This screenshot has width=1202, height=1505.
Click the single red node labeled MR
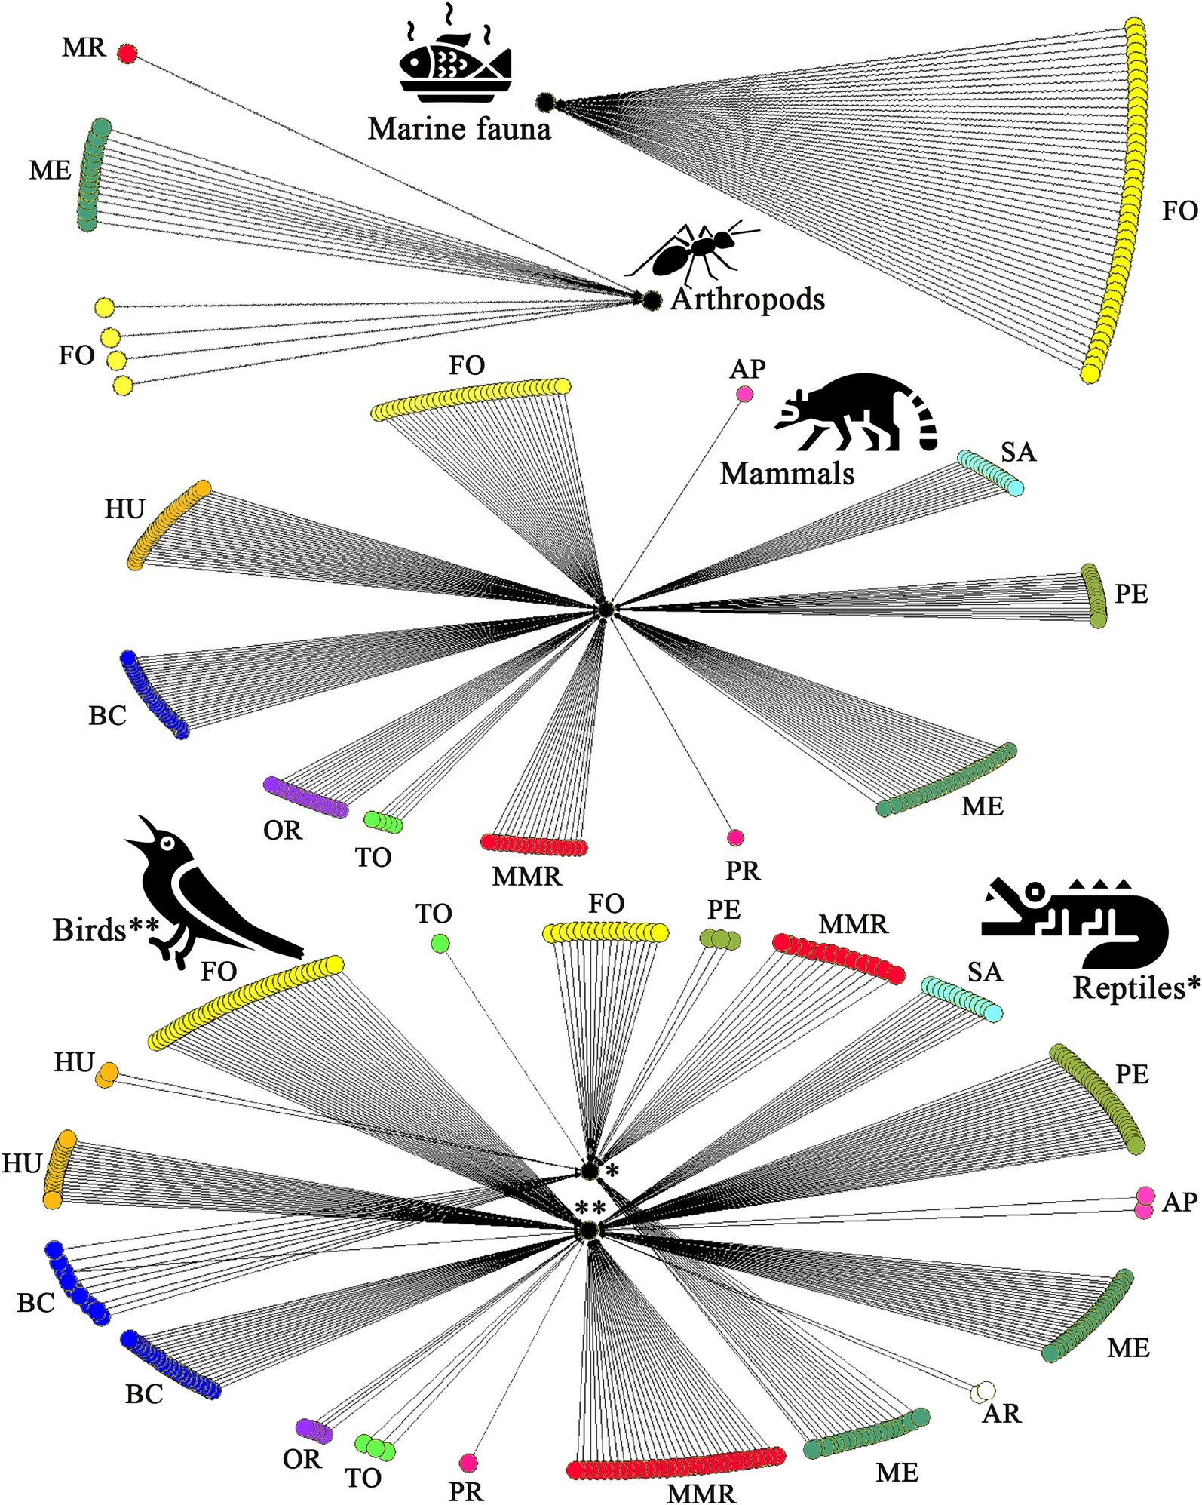(x=127, y=54)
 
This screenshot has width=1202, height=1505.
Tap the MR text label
(x=84, y=48)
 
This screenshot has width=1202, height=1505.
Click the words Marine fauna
(x=459, y=129)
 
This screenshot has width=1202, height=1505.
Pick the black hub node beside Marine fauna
(x=545, y=102)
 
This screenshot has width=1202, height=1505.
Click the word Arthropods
(x=747, y=299)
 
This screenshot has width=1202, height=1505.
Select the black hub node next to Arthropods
(x=652, y=300)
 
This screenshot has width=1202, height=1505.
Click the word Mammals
(x=787, y=474)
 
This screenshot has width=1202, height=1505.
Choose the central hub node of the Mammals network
(x=604, y=609)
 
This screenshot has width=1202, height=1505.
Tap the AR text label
(x=1001, y=1413)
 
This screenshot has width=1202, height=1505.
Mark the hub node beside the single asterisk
(x=589, y=1171)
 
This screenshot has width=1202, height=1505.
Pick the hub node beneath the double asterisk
(x=587, y=1230)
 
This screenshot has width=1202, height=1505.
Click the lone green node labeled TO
(x=440, y=943)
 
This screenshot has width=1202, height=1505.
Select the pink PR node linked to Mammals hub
(x=735, y=837)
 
